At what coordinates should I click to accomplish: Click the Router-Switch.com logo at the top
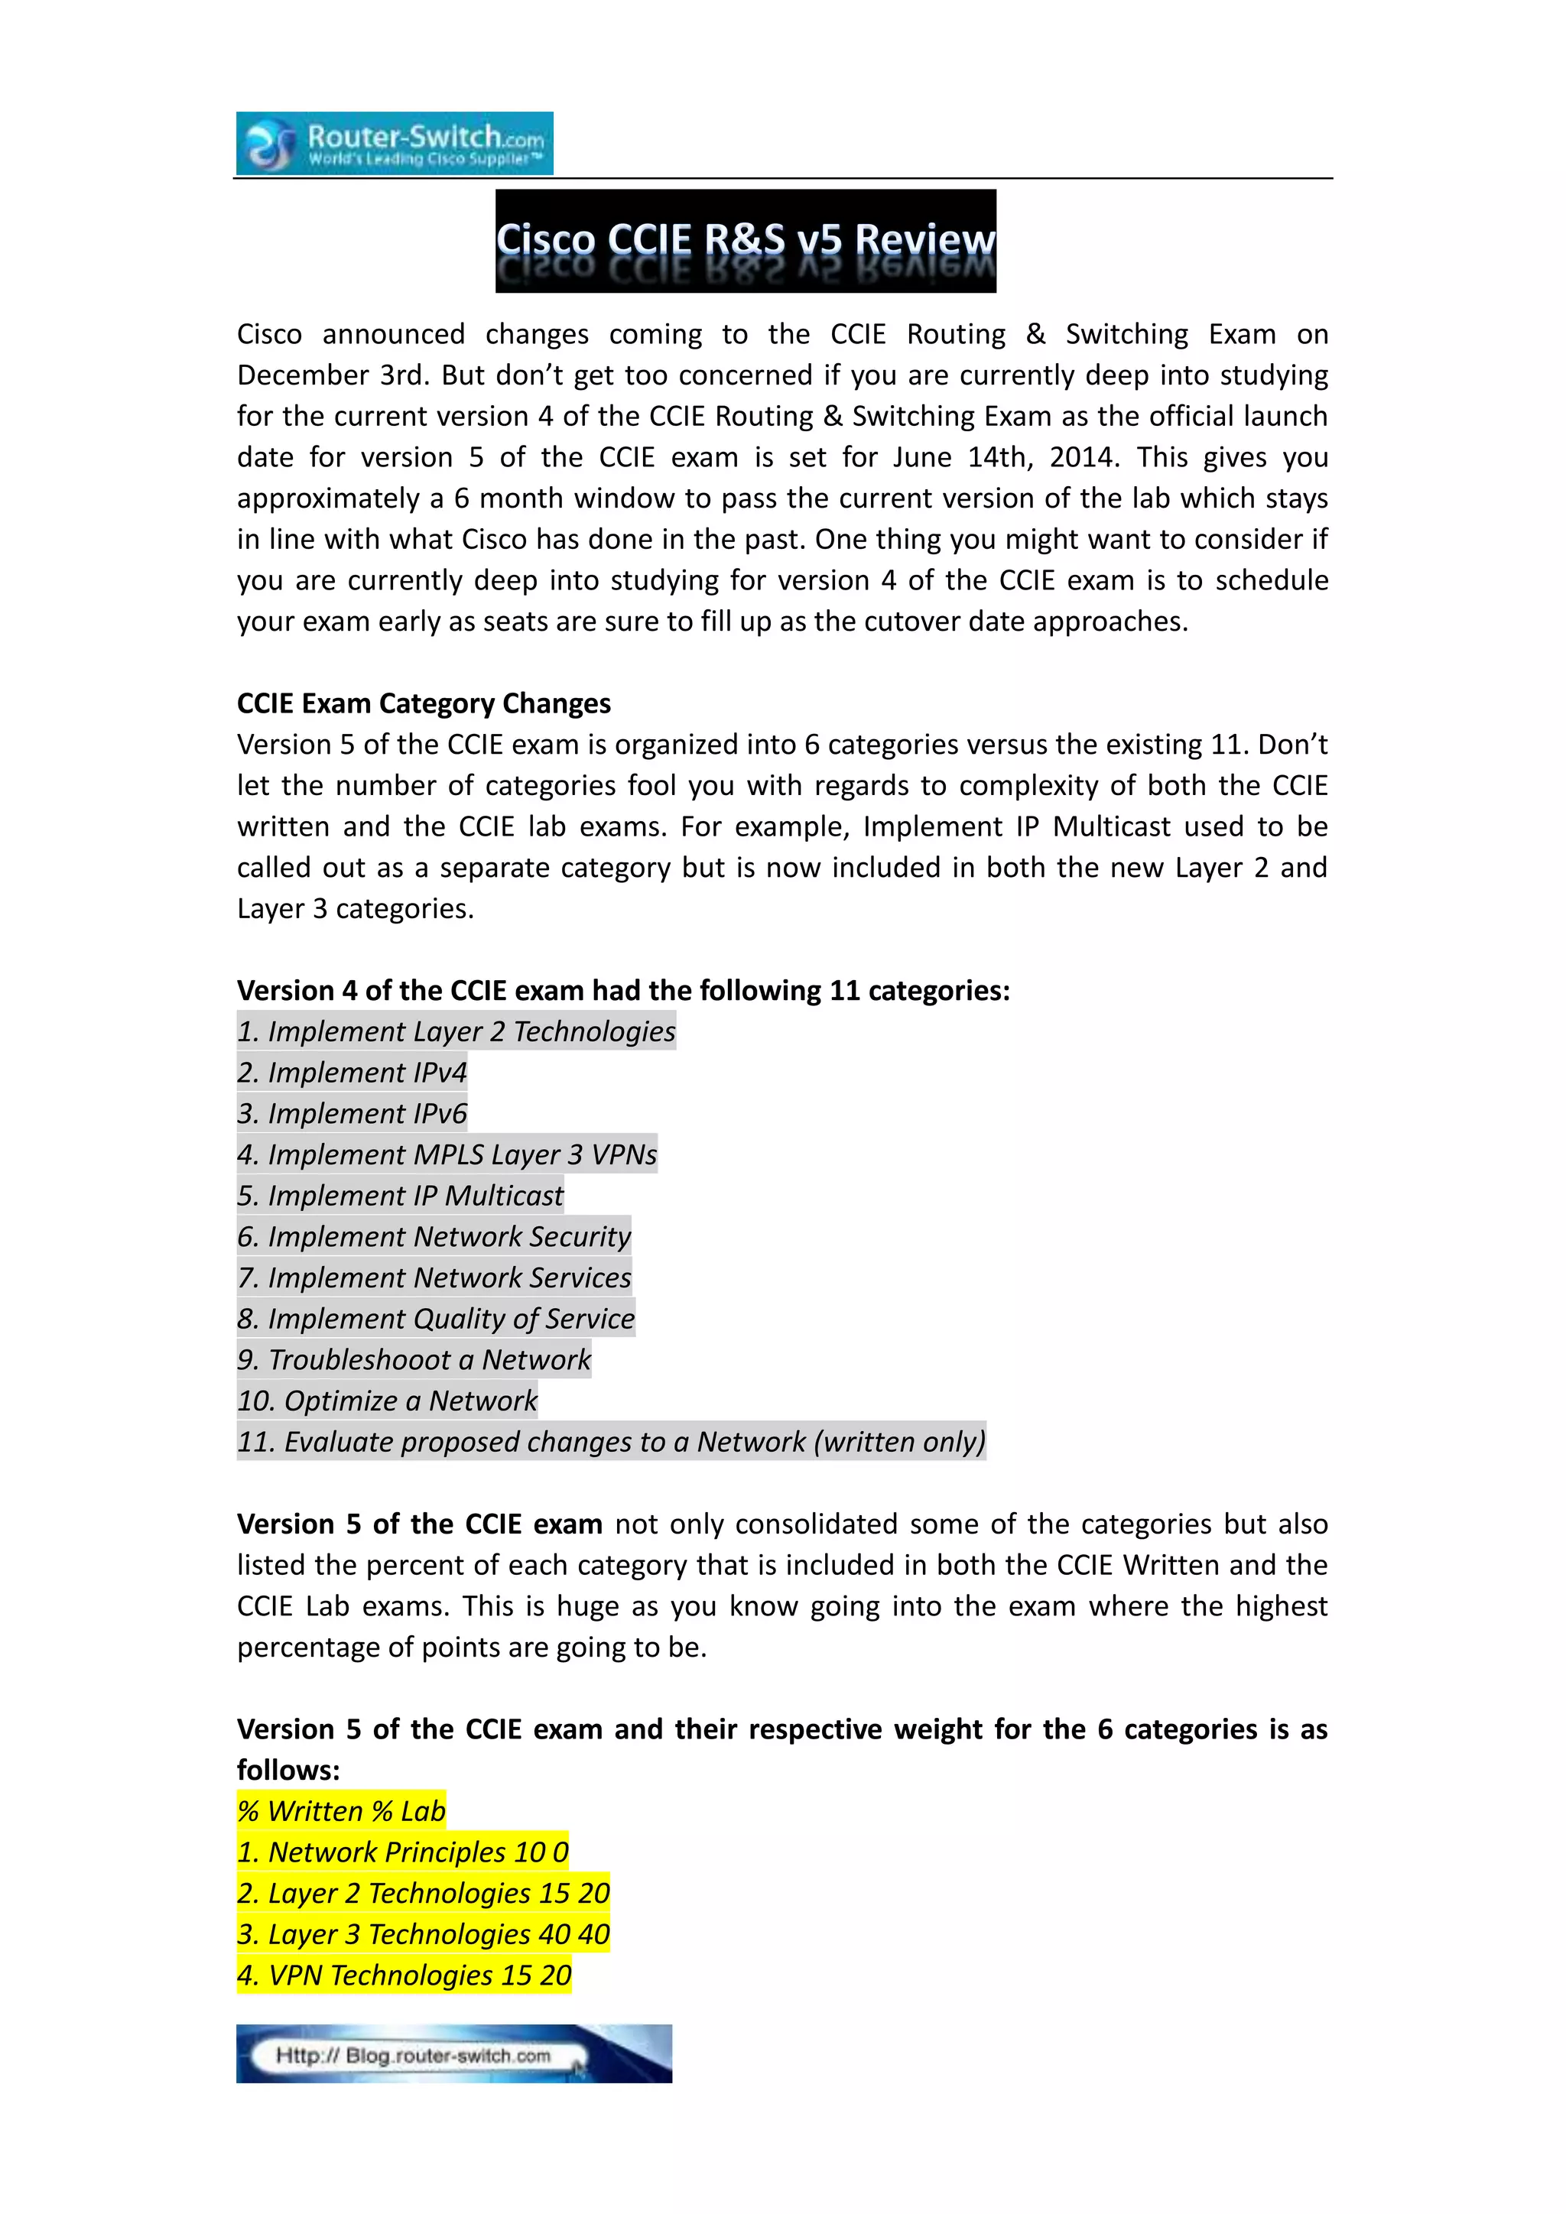(x=395, y=144)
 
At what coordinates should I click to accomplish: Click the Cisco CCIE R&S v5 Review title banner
(x=746, y=241)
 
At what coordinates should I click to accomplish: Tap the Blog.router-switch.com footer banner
(x=453, y=2055)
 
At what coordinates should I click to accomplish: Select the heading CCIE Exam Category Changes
(x=424, y=703)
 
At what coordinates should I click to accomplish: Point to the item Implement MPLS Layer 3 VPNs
(x=447, y=1154)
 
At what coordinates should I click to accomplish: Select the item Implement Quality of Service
(x=436, y=1318)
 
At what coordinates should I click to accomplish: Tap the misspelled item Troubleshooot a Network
(x=414, y=1359)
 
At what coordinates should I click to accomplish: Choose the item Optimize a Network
(x=387, y=1400)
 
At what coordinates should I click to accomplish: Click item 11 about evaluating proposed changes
(x=612, y=1442)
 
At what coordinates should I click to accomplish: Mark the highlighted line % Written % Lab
(x=341, y=1811)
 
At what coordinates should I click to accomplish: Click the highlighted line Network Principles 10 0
(x=403, y=1852)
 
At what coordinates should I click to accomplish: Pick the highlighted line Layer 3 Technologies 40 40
(x=424, y=1934)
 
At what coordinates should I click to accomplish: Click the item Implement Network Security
(x=434, y=1236)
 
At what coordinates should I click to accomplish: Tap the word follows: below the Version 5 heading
(x=288, y=1771)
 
